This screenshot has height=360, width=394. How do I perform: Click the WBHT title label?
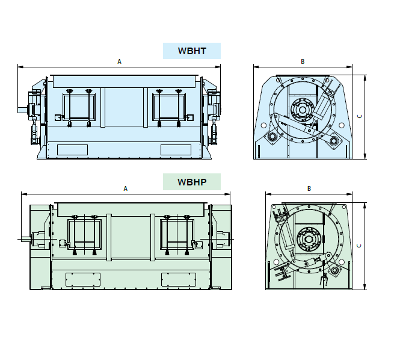click(192, 51)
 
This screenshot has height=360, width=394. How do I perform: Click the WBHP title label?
click(192, 182)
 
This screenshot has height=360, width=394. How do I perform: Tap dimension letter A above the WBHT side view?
click(119, 61)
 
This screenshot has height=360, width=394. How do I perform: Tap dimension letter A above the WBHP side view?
click(126, 188)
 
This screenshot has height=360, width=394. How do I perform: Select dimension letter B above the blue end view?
click(303, 61)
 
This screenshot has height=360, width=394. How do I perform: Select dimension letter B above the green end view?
click(309, 188)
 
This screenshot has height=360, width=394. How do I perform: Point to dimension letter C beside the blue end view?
click(360, 116)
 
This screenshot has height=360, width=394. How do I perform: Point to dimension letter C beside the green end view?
click(359, 246)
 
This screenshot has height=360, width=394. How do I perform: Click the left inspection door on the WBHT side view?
click(79, 107)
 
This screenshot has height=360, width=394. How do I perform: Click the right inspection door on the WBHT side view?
click(169, 107)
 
